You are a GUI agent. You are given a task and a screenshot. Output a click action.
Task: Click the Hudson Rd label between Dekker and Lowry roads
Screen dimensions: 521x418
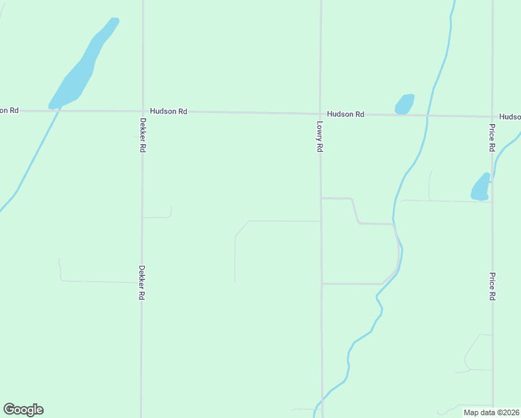point(169,111)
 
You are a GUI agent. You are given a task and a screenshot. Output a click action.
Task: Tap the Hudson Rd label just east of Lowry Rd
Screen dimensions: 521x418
point(345,114)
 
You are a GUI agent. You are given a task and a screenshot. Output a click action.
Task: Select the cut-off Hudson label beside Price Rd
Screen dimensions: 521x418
point(510,117)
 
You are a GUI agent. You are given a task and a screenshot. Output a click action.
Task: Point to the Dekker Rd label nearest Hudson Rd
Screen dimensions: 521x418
point(142,133)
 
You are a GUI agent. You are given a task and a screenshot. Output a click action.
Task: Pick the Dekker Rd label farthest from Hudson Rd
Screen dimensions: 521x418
point(141,282)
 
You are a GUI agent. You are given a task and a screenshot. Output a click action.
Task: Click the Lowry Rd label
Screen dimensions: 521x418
point(320,137)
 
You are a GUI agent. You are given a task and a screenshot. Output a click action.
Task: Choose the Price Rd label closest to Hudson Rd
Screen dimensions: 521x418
point(492,138)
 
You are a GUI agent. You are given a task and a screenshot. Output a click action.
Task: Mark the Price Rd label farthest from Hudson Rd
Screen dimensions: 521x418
point(492,286)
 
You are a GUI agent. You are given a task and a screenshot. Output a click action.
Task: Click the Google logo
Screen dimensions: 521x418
point(23,410)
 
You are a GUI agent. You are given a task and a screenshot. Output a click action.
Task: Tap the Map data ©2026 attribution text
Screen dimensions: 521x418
point(491,412)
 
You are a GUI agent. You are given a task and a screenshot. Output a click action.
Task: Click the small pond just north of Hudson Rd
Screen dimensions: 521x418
point(404,104)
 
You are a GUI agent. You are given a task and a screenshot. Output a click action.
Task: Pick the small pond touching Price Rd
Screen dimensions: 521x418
point(481,187)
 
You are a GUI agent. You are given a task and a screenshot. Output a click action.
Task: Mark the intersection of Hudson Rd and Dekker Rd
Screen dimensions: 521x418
point(142,111)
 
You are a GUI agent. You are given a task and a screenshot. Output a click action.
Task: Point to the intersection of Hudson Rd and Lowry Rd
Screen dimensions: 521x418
point(320,114)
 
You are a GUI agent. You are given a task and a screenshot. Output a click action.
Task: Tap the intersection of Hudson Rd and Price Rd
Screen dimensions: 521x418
point(492,116)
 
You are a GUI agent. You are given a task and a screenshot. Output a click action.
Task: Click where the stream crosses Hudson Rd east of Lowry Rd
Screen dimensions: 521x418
point(427,115)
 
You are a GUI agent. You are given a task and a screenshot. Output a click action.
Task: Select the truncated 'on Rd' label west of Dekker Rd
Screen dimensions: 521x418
point(9,110)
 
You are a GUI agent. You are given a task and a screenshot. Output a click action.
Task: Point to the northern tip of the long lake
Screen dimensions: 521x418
point(114,20)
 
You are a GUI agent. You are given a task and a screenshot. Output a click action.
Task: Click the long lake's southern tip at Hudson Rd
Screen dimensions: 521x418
point(54,107)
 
